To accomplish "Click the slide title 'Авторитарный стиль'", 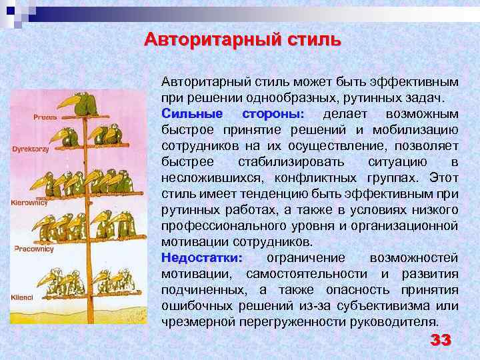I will [242, 39].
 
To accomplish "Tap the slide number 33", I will [441, 340].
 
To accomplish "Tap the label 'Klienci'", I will [23, 297].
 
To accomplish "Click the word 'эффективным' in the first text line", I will [419, 81].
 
